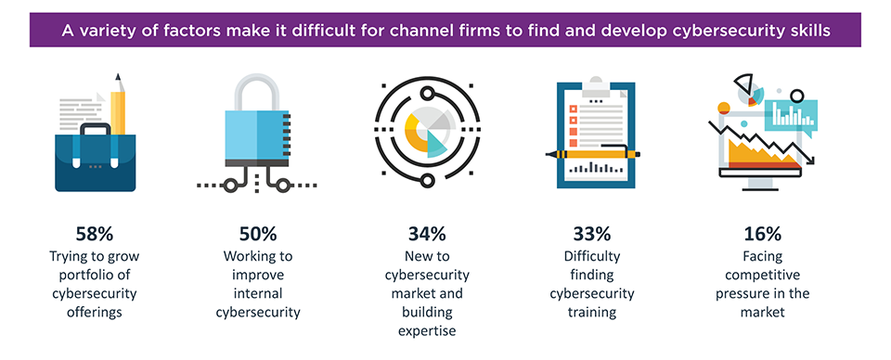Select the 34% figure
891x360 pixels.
[x=426, y=234]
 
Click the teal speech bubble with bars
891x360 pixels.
[x=790, y=114]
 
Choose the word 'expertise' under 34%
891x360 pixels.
[x=426, y=329]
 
